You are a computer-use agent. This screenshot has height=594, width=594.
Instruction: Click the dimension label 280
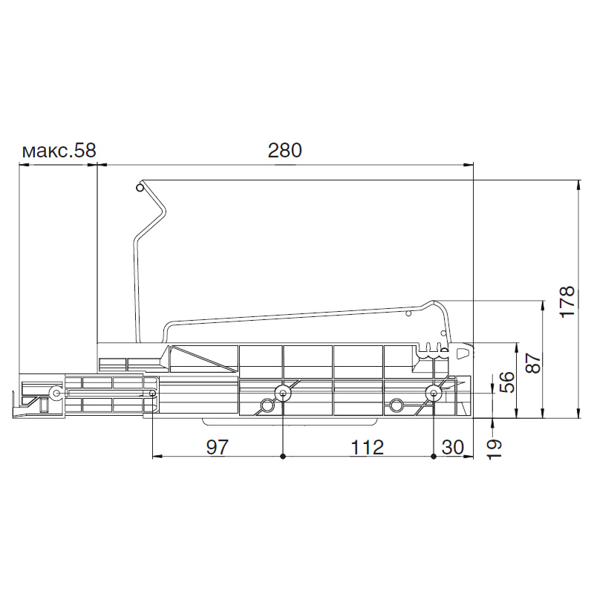tap(284, 151)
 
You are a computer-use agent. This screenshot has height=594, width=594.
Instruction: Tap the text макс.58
tap(59, 151)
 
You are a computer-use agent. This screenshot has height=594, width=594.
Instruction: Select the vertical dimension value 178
tap(567, 302)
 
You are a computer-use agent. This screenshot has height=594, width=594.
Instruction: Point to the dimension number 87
tap(533, 363)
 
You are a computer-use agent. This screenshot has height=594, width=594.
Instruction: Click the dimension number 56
tap(507, 382)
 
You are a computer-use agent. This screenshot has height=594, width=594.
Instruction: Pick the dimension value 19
tap(494, 449)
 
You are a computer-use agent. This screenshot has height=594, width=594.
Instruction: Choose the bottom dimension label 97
tap(218, 448)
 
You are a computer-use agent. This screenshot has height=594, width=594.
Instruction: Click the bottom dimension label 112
tap(367, 448)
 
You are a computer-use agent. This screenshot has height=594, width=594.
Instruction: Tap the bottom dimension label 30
tap(453, 448)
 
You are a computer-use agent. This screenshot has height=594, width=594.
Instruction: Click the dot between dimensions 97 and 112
tap(283, 457)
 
